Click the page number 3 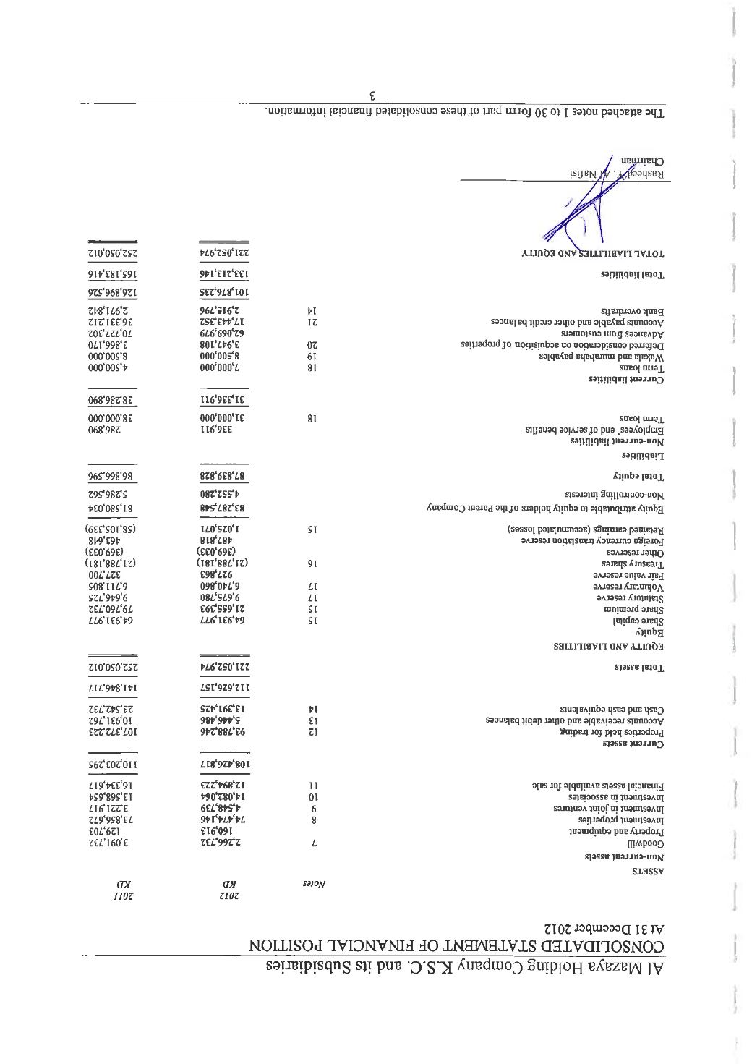pos(372,95)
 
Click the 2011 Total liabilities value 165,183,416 pos(115,275)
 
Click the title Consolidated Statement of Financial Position pos(457,946)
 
